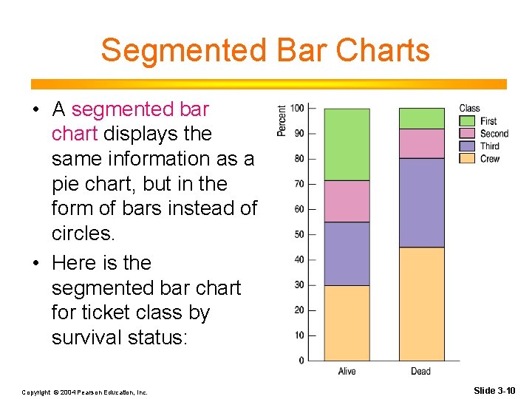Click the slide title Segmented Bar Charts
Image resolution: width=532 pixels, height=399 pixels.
[265, 50]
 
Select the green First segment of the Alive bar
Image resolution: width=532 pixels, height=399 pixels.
[347, 144]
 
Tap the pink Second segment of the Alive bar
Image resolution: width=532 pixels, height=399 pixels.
[347, 201]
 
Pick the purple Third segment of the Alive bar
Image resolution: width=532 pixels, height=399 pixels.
[347, 253]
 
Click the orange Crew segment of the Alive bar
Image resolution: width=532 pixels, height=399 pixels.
[347, 323]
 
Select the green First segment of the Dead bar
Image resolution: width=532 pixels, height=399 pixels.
[421, 118]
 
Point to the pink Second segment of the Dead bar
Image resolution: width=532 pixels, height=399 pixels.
[421, 143]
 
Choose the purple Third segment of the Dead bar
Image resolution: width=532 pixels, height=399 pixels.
[421, 202]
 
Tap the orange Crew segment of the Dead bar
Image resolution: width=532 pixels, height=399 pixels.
[421, 304]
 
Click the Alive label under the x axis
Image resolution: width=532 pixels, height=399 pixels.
[347, 371]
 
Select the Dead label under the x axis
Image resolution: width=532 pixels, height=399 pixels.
[420, 371]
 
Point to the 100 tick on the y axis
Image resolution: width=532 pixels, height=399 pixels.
[297, 109]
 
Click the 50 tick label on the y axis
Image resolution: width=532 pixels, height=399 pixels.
[299, 234]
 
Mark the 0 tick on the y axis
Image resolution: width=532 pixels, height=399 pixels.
[301, 361]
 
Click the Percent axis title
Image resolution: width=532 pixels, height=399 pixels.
[282, 120]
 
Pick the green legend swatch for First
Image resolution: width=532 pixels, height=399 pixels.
[467, 121]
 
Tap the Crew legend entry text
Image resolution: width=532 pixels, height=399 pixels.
[489, 159]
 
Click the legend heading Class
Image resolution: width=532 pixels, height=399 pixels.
[469, 109]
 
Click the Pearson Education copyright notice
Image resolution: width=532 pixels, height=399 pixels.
[84, 392]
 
